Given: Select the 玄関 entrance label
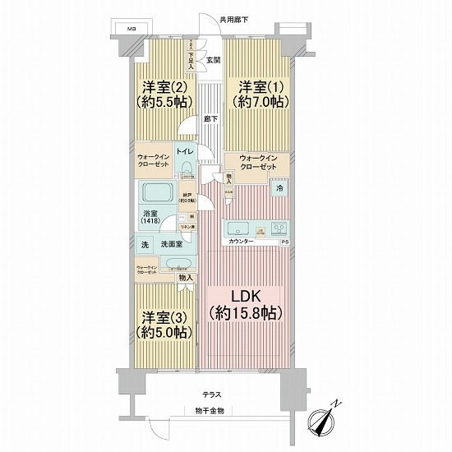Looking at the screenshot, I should tap(213, 59).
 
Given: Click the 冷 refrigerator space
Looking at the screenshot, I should tap(279, 188).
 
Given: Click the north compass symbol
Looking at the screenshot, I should tap(325, 422).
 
